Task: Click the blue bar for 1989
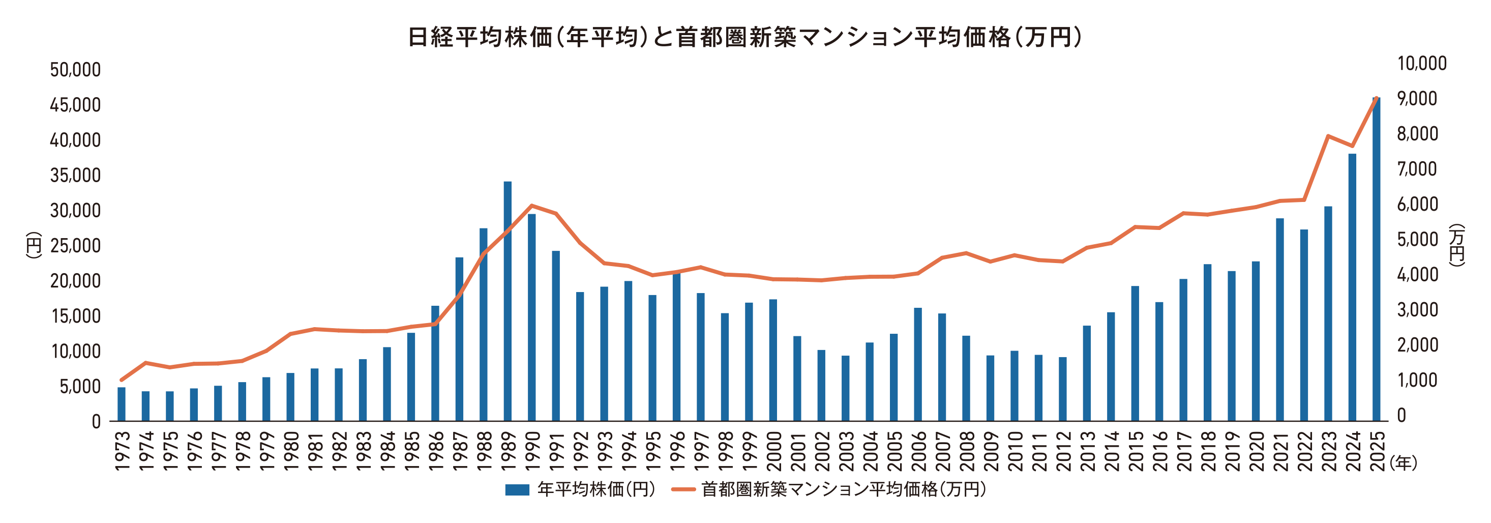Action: coord(508,301)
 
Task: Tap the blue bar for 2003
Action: coord(846,388)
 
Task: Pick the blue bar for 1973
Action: coord(122,403)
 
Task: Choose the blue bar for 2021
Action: coord(1280,319)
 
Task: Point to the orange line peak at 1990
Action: coord(532,206)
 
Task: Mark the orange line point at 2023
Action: coord(1328,136)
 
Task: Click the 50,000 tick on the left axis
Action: coord(75,70)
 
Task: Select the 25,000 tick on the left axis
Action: coord(75,246)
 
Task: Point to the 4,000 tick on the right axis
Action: coord(1417,275)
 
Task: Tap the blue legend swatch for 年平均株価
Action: coord(517,490)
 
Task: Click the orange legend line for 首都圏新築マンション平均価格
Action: coord(683,490)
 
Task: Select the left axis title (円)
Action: coord(34,245)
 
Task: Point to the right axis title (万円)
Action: coord(1456,245)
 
